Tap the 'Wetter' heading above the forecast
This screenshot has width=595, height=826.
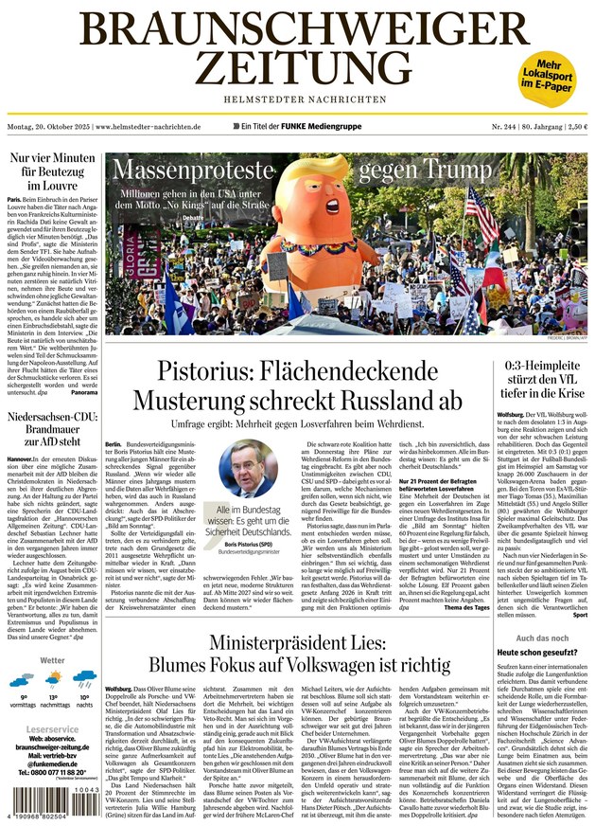[53, 660]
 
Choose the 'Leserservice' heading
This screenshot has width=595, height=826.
[53, 730]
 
